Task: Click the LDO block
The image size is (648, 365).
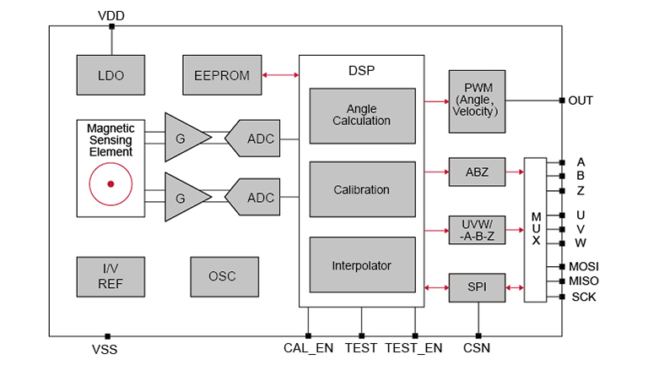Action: coord(111,75)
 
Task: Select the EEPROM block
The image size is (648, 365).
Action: coord(222,75)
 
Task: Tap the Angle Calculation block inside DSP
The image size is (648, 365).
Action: coord(362,115)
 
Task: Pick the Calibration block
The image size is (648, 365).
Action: coord(362,190)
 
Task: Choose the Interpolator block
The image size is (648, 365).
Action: coord(362,265)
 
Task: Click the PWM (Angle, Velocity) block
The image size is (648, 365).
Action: coord(477,101)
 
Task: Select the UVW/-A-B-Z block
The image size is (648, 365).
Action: coord(477,229)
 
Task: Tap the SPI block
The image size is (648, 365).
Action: coord(477,288)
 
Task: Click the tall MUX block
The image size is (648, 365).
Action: coord(535,229)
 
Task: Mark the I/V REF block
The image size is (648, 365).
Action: coord(111,276)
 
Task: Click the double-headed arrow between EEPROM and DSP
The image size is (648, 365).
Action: coord(280,75)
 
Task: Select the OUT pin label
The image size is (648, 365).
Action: coord(580,101)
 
